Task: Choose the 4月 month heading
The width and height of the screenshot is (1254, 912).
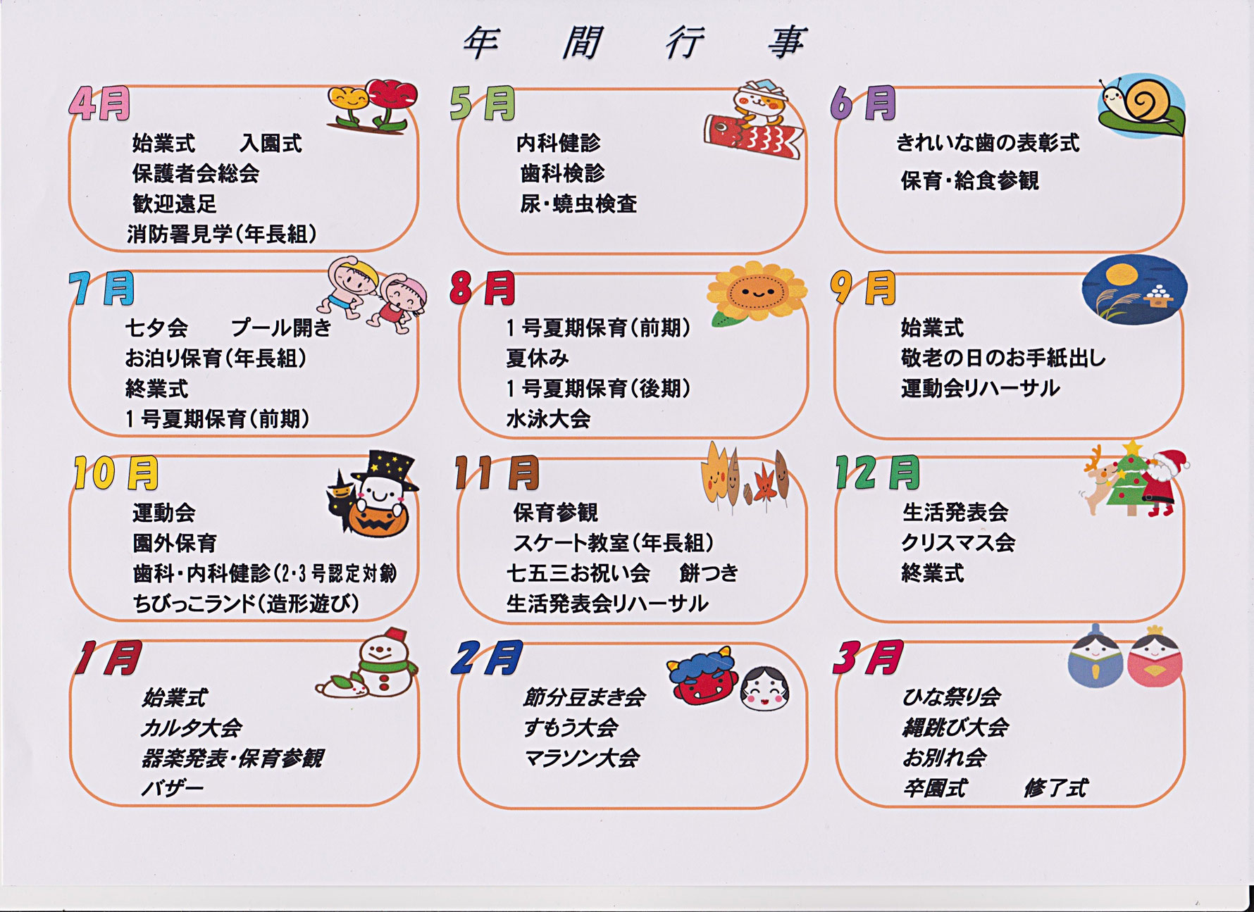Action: [x=100, y=105]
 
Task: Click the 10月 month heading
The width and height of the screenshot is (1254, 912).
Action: [x=116, y=473]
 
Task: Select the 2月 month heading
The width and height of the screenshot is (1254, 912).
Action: [x=486, y=658]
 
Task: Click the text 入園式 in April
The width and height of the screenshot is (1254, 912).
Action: [x=271, y=144]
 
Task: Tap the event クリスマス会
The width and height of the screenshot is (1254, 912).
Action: [x=957, y=543]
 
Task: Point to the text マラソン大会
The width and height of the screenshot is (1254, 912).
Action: [x=581, y=758]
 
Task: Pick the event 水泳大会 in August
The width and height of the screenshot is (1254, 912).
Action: [x=548, y=420]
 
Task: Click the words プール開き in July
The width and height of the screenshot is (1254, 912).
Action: [x=281, y=328]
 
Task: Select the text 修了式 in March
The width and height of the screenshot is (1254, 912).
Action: [x=1055, y=788]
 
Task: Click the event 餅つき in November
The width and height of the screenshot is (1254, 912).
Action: [x=709, y=573]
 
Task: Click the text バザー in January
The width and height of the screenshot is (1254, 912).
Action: [x=172, y=788]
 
